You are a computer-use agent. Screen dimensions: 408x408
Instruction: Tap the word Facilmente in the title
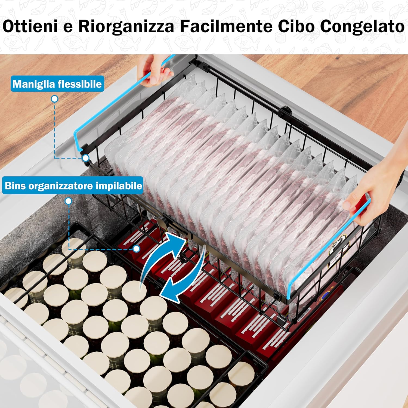[x=226, y=27]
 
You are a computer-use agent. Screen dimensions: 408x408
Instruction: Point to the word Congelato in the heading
[x=362, y=27]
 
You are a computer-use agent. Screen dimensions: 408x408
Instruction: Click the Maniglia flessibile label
[x=57, y=84]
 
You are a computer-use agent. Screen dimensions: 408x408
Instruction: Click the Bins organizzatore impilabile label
[x=73, y=186]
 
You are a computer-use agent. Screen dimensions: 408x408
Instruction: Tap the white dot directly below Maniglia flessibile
[x=55, y=99]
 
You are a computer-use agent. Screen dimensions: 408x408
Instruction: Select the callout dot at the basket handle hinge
[x=86, y=158]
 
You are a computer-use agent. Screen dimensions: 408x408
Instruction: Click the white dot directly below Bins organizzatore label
[x=69, y=201]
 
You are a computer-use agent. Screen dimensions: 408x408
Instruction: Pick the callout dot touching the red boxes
[x=137, y=249]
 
